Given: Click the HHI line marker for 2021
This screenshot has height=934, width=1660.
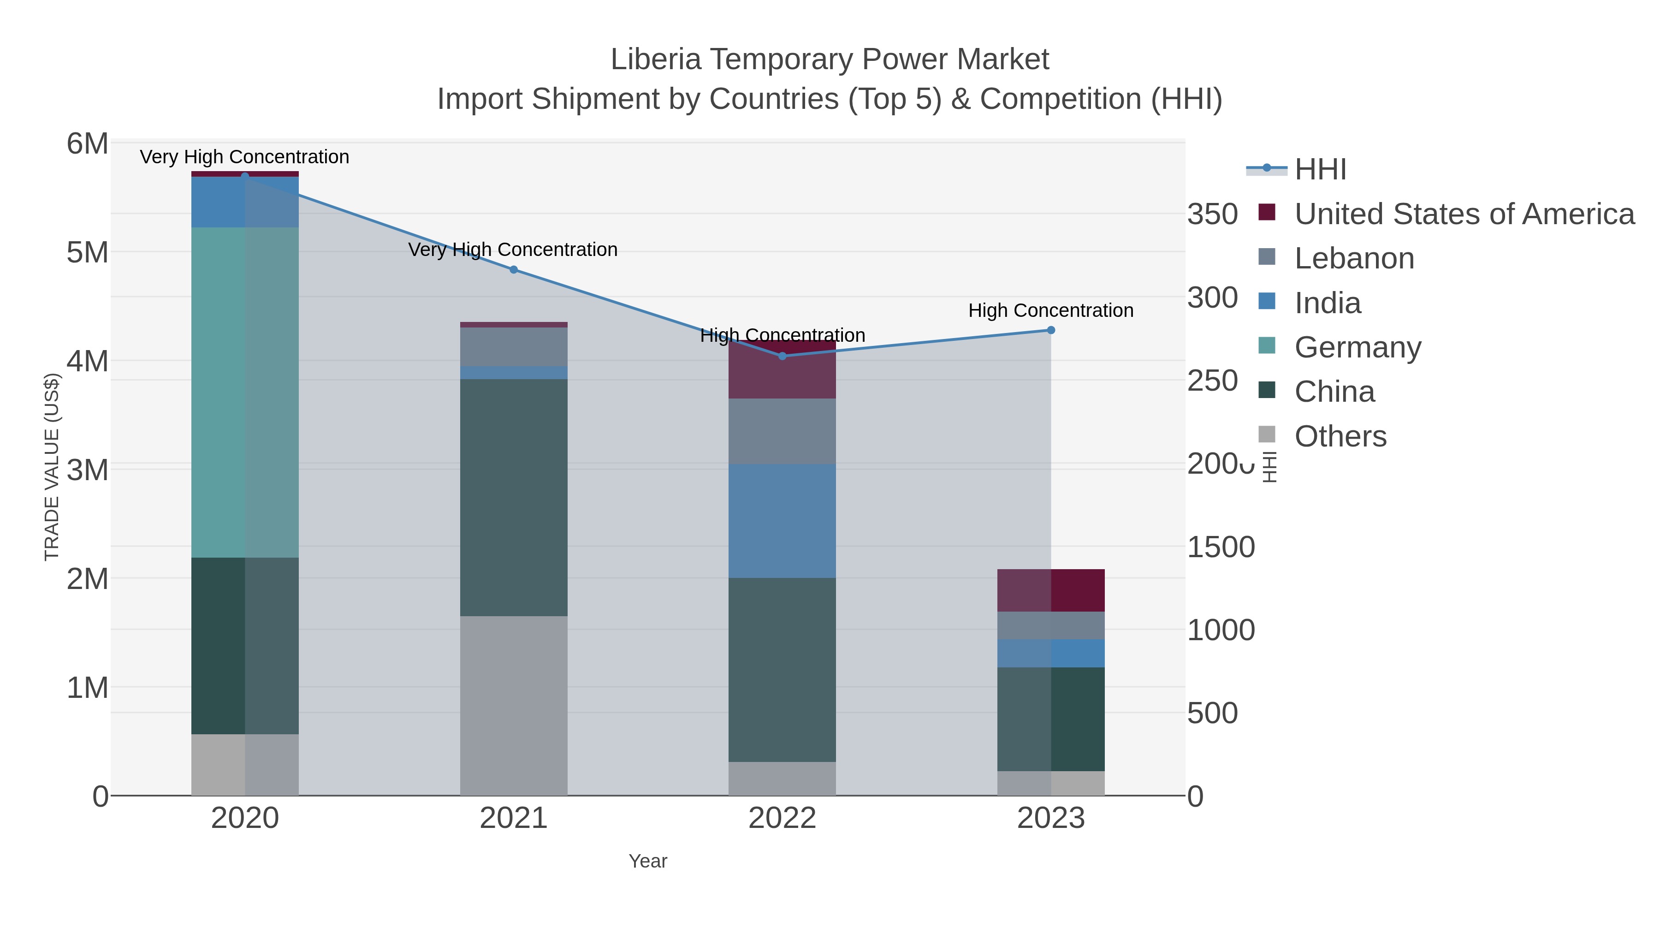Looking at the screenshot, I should click(x=514, y=269).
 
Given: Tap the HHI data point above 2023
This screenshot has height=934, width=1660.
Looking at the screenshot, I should click(x=1050, y=330).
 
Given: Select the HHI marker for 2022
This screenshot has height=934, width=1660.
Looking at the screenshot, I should click(x=783, y=356).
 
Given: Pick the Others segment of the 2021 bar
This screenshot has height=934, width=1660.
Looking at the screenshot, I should click(x=514, y=705).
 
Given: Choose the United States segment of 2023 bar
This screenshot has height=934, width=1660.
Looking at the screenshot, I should click(x=1050, y=590).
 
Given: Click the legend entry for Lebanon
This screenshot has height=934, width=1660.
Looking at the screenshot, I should click(x=1353, y=258).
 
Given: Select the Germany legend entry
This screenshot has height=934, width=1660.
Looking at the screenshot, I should click(x=1357, y=347).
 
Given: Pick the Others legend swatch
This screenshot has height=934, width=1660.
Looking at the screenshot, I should click(x=1267, y=435).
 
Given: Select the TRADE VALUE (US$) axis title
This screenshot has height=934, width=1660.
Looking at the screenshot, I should click(x=52, y=467).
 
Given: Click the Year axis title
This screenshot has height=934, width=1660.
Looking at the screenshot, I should click(x=648, y=861).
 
